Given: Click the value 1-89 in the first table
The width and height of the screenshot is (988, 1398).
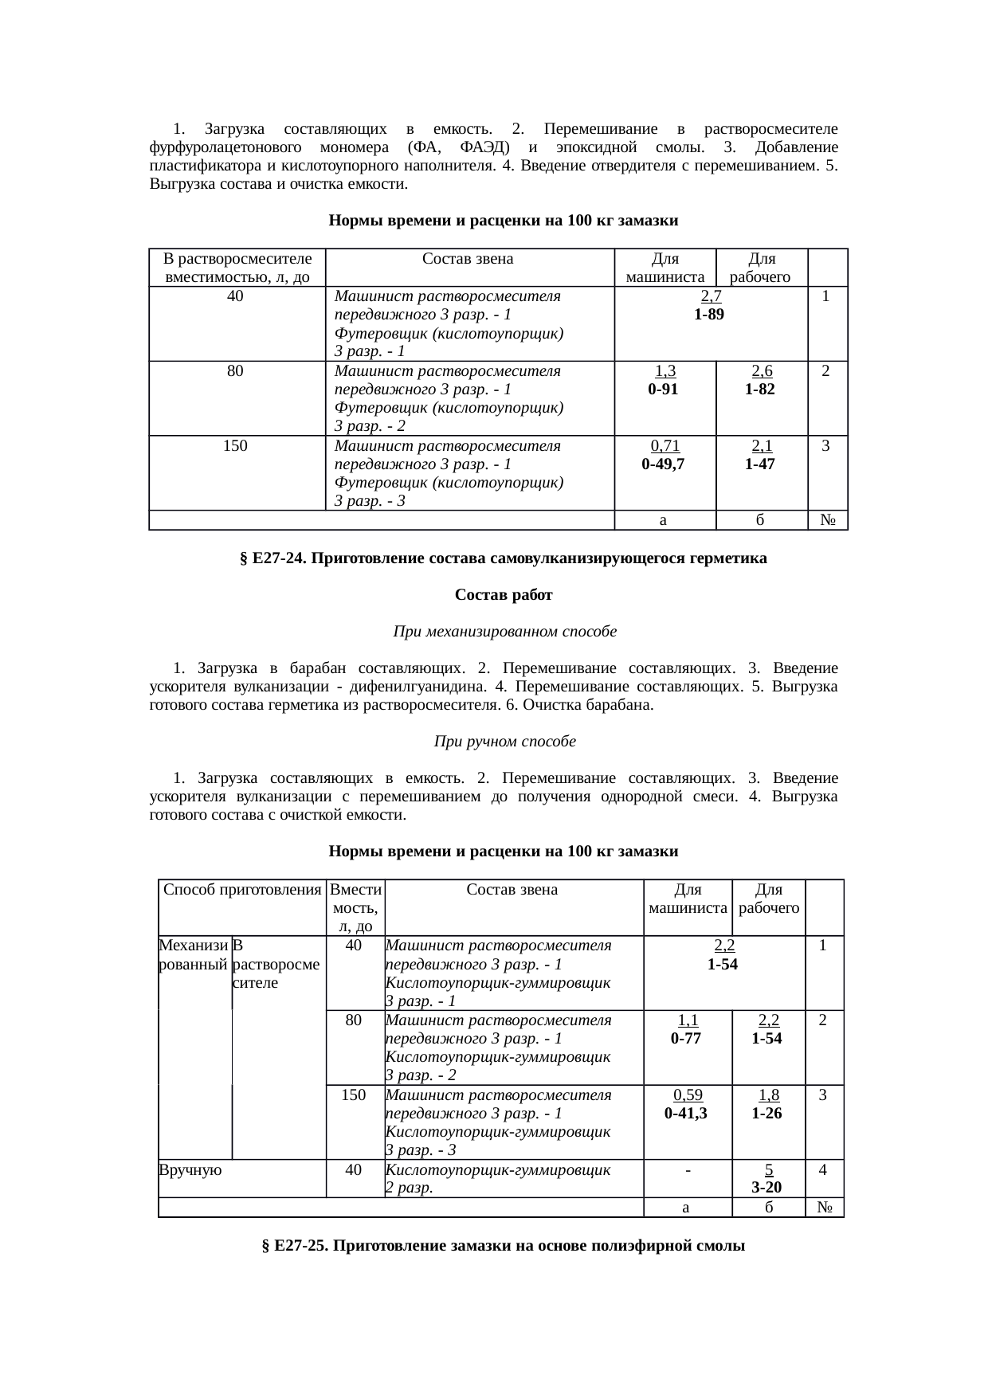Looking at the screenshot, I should tap(708, 315).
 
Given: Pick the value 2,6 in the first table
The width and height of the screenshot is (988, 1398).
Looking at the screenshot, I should tap(761, 371).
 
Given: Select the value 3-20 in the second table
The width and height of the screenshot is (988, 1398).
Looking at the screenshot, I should tap(766, 1188).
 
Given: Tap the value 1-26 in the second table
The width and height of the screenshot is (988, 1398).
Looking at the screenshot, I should tap(766, 1113).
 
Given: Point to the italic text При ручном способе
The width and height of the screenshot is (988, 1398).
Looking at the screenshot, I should tap(504, 742).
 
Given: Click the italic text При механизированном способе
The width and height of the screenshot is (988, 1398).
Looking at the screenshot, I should tap(504, 632).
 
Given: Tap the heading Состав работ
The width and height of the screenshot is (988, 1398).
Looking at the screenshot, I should tap(503, 595).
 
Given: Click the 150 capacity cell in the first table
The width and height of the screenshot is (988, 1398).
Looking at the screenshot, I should tap(235, 446).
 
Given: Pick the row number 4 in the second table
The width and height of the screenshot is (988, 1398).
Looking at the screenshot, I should tap(822, 1169).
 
